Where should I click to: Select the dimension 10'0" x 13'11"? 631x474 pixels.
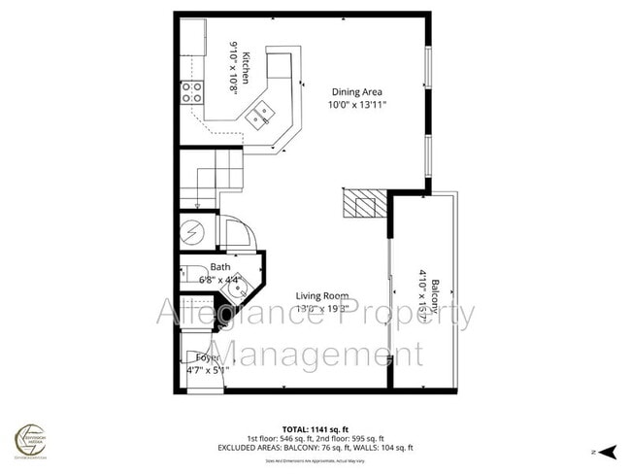point(359,105)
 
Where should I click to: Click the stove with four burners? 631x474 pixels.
point(192,92)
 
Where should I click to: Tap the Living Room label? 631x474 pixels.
point(323,296)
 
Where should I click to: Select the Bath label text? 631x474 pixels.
point(220,267)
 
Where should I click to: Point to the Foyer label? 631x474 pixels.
point(198,357)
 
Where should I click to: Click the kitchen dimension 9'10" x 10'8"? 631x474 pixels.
point(234,66)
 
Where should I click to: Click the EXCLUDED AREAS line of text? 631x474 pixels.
point(315,448)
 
